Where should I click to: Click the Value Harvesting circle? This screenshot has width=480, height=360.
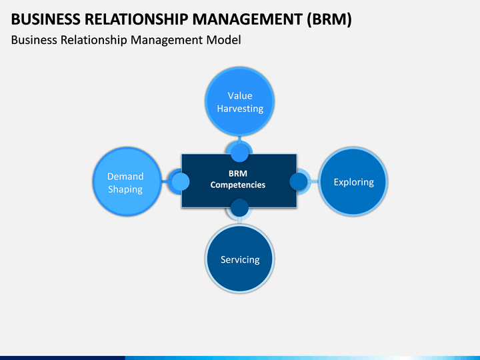click(x=240, y=101)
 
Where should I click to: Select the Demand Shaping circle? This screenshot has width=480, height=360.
click(x=127, y=182)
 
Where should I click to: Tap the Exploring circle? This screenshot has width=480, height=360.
click(x=353, y=182)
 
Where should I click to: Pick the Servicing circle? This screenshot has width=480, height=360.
click(x=240, y=259)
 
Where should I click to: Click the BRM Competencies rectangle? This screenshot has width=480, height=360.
click(x=239, y=181)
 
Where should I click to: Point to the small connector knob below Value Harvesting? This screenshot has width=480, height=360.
click(x=239, y=153)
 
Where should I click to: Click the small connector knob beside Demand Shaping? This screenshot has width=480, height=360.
click(x=180, y=181)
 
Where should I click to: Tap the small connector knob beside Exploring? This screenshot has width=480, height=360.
click(x=299, y=181)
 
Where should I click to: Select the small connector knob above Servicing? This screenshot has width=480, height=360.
click(x=239, y=208)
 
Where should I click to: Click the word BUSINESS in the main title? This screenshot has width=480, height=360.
click(x=45, y=19)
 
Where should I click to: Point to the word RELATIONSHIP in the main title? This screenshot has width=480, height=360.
click(x=136, y=19)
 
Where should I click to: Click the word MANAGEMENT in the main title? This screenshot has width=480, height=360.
click(x=247, y=19)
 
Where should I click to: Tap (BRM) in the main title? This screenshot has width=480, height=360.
click(x=329, y=19)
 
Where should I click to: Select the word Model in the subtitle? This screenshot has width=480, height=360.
click(x=223, y=40)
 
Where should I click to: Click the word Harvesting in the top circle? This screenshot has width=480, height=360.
click(x=240, y=109)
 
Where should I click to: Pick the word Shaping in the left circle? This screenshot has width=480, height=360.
click(x=125, y=189)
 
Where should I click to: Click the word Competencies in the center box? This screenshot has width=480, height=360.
click(x=238, y=185)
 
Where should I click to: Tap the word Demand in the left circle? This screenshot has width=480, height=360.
click(x=125, y=176)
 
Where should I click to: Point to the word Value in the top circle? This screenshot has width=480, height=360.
click(x=240, y=96)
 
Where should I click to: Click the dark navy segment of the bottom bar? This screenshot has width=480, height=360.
click(x=63, y=358)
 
